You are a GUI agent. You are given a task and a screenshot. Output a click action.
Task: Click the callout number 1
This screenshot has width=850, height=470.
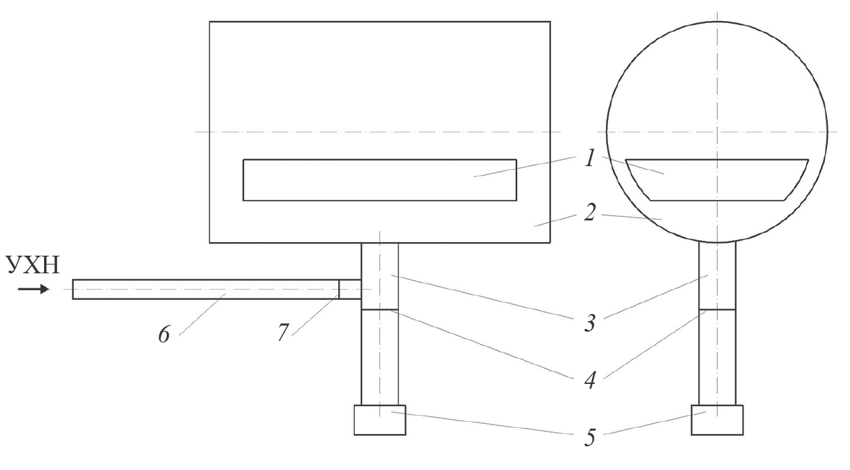pyautogui.click(x=590, y=158)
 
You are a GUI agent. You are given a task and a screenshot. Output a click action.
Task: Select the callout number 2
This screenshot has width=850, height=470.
pyautogui.click(x=590, y=212)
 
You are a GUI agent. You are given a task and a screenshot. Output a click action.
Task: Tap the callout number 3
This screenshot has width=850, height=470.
pyautogui.click(x=590, y=323)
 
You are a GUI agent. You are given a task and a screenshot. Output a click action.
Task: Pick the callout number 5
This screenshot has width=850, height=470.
pyautogui.click(x=590, y=437)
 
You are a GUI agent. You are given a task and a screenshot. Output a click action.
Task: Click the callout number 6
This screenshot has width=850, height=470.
pyautogui.click(x=164, y=334)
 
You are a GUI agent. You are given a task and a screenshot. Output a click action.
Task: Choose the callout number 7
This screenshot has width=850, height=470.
pyautogui.click(x=283, y=332)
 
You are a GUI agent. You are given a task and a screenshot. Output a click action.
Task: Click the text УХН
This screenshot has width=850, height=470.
pyautogui.click(x=33, y=265)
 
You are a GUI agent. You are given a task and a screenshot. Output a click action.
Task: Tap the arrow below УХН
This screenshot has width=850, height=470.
pyautogui.click(x=34, y=290)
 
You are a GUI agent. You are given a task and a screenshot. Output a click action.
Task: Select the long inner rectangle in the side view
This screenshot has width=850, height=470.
pyautogui.click(x=380, y=180)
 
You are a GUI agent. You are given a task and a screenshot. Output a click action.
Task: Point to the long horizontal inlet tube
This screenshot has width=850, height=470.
pyautogui.click(x=205, y=290)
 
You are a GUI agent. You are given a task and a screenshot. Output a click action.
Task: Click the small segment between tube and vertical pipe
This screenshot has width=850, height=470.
pyautogui.click(x=350, y=290)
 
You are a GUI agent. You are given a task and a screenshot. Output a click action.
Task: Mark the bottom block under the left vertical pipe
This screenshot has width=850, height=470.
pyautogui.click(x=380, y=420)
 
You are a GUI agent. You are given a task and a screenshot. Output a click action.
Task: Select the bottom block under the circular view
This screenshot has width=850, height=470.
pyautogui.click(x=717, y=420)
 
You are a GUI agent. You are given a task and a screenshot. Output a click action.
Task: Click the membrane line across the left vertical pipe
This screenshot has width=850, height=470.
pyautogui.click(x=380, y=310)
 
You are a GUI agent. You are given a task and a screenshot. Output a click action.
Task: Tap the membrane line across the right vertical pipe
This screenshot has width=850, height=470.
pyautogui.click(x=717, y=310)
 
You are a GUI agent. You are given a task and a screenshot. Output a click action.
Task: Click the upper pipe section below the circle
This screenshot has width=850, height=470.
pyautogui.click(x=717, y=275)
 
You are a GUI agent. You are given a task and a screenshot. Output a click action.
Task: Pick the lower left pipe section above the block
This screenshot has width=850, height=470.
pyautogui.click(x=380, y=357)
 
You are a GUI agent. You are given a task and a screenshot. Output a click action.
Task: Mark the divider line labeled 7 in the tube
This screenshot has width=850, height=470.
pyautogui.click(x=339, y=290)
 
